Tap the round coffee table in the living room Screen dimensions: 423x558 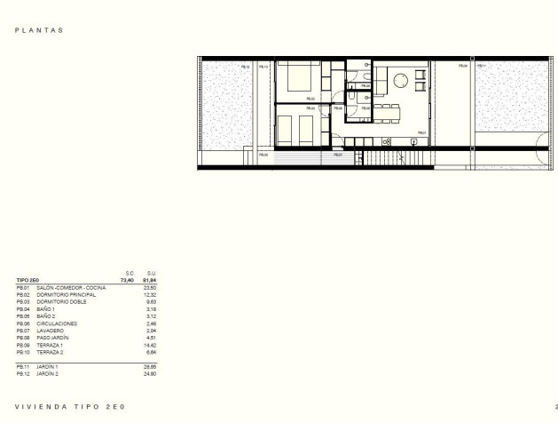400,80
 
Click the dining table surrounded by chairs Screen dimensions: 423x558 387,110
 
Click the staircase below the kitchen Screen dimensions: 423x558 390,159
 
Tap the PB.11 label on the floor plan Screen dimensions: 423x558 481,67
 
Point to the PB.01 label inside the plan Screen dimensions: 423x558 422,133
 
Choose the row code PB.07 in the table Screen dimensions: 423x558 23,331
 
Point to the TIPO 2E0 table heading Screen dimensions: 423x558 28,281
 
